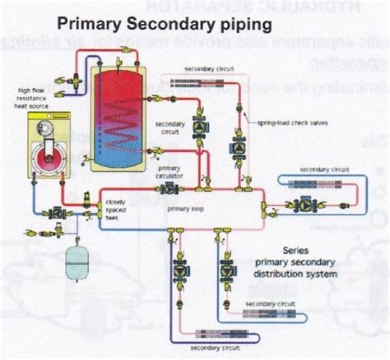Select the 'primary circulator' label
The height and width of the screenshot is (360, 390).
pyautogui.click(x=168, y=172)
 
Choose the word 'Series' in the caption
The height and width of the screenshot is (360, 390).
pyautogui.click(x=296, y=251)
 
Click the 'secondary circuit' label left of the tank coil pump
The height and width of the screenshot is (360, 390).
pyautogui.click(x=170, y=128)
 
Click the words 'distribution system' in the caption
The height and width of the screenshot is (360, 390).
pyautogui.click(x=296, y=274)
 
